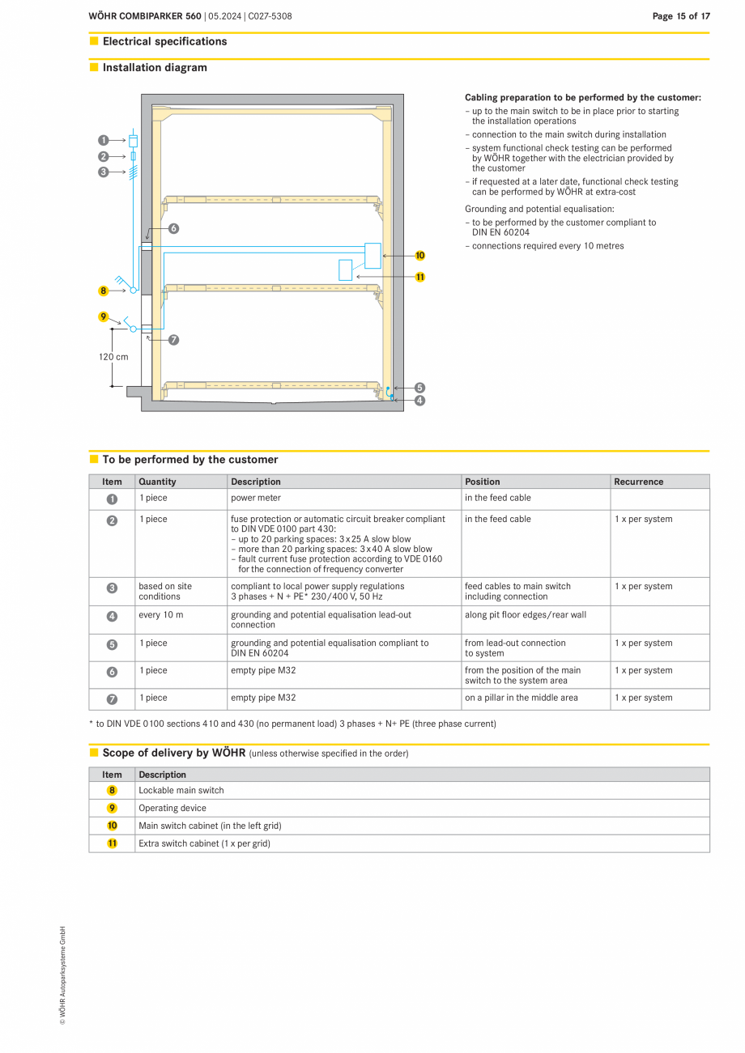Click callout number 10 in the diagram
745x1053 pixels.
419,256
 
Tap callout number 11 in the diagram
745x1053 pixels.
419,277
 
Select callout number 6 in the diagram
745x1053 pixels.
173,229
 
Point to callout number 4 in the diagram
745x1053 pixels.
419,400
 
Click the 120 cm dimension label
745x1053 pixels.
113,357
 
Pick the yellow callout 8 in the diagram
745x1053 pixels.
104,291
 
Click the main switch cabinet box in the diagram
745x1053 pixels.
372,256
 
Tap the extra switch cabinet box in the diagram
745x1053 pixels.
346,270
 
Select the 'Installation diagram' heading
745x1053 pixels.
155,68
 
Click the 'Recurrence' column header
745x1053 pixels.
638,482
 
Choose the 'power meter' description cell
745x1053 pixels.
256,498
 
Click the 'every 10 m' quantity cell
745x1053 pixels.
161,615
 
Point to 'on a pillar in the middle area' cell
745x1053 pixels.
521,698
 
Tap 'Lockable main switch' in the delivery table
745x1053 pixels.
181,791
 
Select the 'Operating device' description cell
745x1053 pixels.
172,809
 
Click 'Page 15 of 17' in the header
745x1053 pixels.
681,16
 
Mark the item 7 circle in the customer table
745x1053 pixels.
112,698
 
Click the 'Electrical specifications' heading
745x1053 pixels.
164,41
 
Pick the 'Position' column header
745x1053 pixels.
483,482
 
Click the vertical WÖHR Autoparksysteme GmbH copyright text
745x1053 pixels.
62,975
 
